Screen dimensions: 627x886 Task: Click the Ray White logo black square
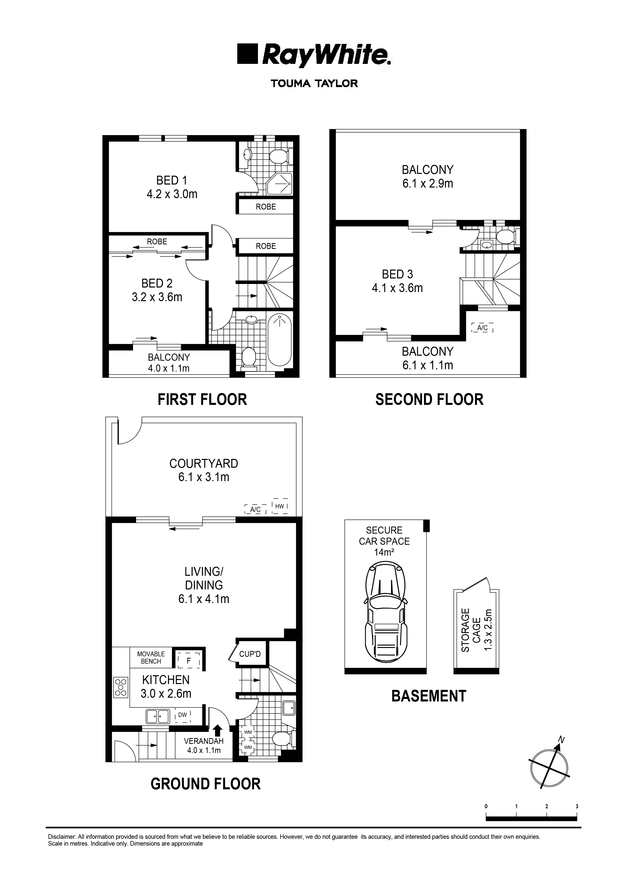click(247, 54)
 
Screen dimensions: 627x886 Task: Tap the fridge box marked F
click(189, 661)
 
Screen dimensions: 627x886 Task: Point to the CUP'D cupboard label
click(250, 654)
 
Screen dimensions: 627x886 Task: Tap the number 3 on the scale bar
click(577, 806)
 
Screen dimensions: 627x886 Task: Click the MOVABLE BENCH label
click(151, 658)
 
